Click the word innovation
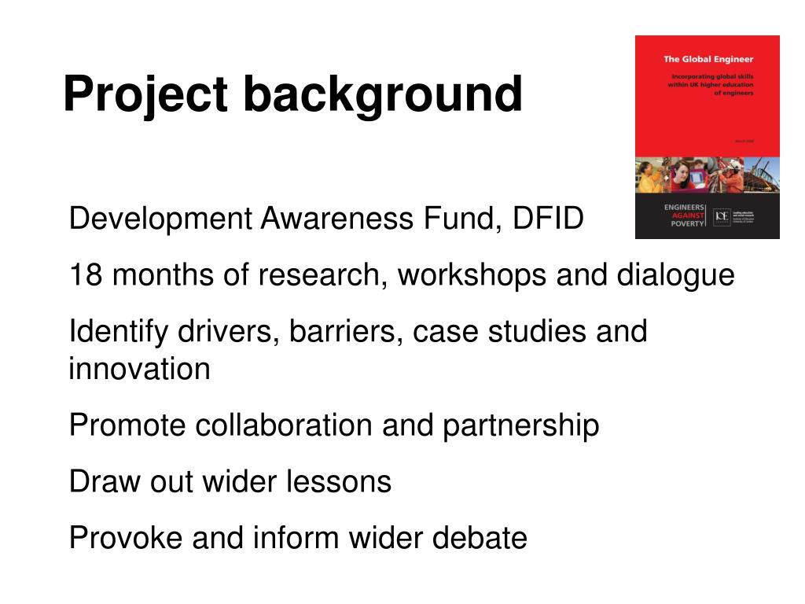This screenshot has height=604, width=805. (x=139, y=369)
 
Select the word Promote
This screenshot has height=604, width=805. (x=127, y=425)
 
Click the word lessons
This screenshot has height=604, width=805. (x=347, y=481)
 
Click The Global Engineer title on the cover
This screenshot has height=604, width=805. (x=708, y=59)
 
